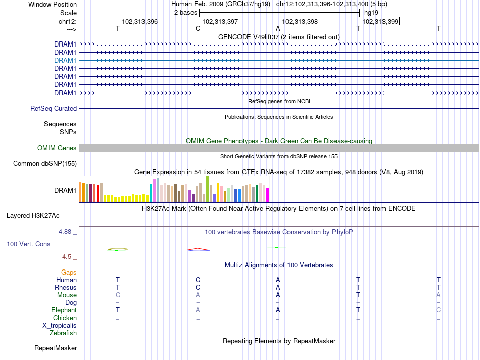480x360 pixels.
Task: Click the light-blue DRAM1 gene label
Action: click(65, 60)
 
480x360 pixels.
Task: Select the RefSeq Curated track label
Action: click(54, 109)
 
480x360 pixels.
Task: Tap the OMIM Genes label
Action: click(57, 148)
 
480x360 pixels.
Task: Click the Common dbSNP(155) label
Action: click(45, 164)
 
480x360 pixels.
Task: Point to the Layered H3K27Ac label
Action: click(33, 216)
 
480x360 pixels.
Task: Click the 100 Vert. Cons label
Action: click(28, 244)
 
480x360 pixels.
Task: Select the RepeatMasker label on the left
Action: click(56, 348)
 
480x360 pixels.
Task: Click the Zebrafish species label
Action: click(63, 333)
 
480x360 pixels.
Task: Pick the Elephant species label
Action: click(64, 310)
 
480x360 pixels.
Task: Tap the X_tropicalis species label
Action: click(60, 326)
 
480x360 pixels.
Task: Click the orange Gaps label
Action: click(69, 273)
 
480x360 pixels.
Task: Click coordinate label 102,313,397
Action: click(220, 21)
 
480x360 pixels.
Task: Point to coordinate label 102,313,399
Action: click(380, 21)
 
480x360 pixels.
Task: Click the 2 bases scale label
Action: click(185, 13)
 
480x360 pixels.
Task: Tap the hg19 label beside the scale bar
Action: click(371, 13)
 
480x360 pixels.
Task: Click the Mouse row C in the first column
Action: click(118, 295)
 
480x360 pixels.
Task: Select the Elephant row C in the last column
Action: click(439, 310)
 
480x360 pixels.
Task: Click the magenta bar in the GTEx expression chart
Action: click(268, 195)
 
